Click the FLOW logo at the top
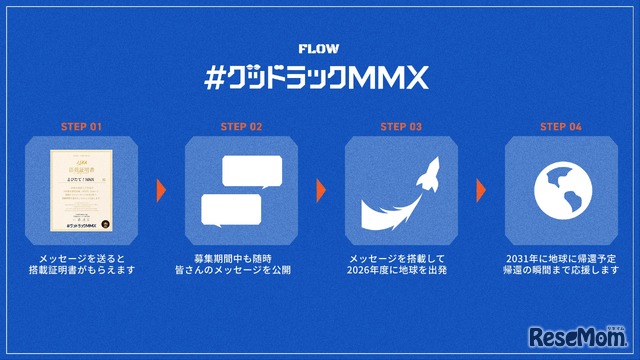coord(319,47)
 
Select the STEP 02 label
coord(240,127)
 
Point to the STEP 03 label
coord(400,127)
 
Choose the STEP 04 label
coord(560,127)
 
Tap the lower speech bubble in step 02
coord(231,209)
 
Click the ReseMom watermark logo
coord(581,332)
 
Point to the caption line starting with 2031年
coord(560,257)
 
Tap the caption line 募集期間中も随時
coord(240,257)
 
